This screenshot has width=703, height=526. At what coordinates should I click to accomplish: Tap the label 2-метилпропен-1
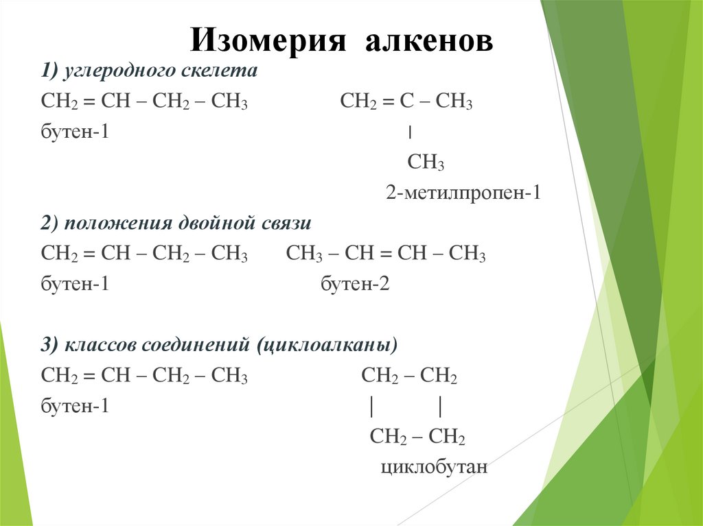pos(463,193)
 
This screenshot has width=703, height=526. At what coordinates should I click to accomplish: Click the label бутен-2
pos(356,284)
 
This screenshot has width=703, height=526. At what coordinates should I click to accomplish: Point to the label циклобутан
pos(433,468)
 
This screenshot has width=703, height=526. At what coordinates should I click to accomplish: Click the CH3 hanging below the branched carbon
pos(426,163)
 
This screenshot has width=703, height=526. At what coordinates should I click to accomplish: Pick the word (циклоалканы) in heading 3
pos(327,345)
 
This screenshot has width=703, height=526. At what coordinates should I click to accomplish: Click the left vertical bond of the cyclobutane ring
pos(371,407)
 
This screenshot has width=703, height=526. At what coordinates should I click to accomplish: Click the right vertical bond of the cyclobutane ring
pos(440,407)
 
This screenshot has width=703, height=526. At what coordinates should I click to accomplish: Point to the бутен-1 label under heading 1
pos(76,132)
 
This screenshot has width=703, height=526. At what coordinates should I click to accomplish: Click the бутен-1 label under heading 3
pos(76,406)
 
